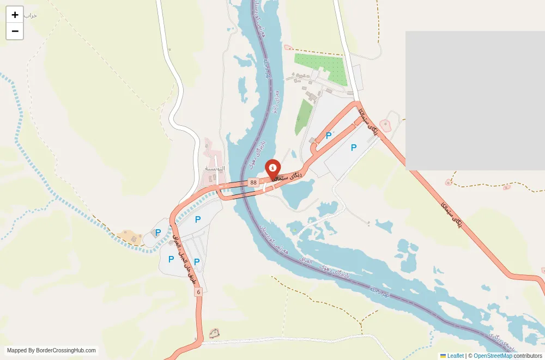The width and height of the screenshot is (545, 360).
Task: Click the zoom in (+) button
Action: (15, 15)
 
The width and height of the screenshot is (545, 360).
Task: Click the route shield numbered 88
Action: (253, 182)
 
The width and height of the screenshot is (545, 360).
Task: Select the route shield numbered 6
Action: (198, 292)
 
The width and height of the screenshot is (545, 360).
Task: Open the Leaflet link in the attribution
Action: (455, 356)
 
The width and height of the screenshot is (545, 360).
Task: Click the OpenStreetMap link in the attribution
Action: (493, 356)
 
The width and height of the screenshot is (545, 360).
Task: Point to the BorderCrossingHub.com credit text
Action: (51, 351)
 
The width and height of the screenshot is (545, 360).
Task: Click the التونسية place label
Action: (214, 168)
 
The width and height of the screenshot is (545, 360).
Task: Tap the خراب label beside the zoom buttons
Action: (30, 15)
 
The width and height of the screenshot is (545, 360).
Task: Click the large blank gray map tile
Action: (475, 100)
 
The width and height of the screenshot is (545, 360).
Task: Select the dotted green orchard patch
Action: (322, 68)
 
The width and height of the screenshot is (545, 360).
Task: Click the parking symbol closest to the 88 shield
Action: (198, 219)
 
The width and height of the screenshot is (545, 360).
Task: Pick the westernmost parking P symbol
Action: (158, 233)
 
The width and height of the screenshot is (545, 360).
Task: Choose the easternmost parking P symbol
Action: (354, 147)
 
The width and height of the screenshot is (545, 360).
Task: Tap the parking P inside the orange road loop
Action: (329, 136)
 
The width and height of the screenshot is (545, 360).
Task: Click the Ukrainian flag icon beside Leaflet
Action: (443, 356)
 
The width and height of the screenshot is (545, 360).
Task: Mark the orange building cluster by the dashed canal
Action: (130, 237)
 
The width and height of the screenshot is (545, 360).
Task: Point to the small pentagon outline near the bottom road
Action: (214, 333)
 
